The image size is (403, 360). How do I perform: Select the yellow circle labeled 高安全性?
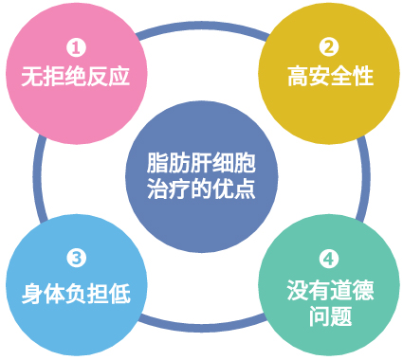click(329, 68)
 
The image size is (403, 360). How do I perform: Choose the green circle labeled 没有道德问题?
click(330, 289)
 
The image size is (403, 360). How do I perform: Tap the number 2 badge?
click(329, 46)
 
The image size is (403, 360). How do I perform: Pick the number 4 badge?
click(329, 258)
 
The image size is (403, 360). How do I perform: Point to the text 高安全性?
click(329, 77)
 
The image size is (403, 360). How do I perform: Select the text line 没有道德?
click(329, 289)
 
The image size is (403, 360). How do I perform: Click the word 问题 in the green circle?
click(329, 315)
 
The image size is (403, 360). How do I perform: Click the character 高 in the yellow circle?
click(298, 77)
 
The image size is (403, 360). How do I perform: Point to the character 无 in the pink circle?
click(29, 77)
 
